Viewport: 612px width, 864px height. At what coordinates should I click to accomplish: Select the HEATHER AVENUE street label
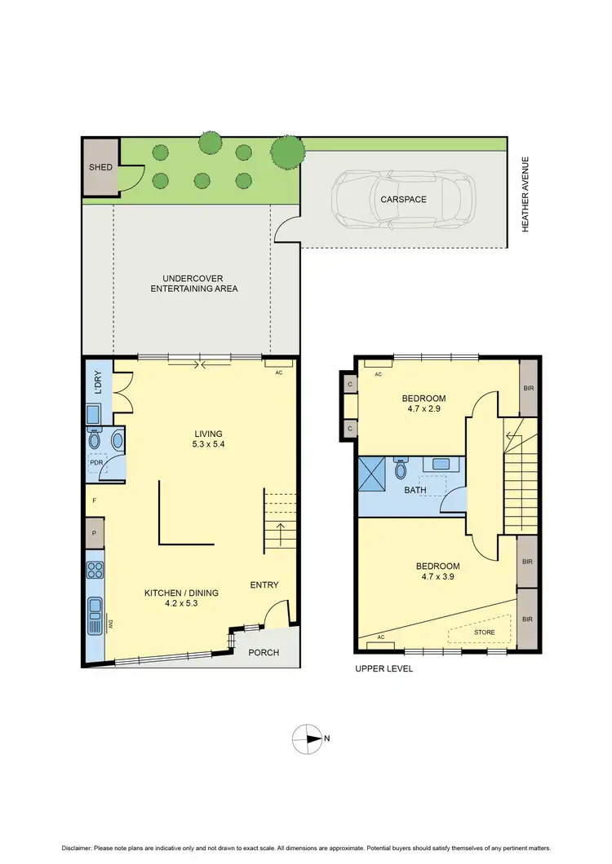pyautogui.click(x=526, y=195)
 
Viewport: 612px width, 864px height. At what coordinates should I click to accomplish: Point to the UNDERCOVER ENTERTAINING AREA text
pyautogui.click(x=193, y=283)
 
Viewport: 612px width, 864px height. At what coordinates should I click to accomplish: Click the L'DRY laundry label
pyautogui.click(x=98, y=383)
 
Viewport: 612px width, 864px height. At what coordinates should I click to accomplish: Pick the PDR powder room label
pyautogui.click(x=96, y=463)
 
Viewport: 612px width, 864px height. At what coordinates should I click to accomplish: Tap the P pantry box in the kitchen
pyautogui.click(x=95, y=534)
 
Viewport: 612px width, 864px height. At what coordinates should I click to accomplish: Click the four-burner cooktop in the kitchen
pyautogui.click(x=95, y=569)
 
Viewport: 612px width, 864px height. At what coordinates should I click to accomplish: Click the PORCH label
pyautogui.click(x=264, y=652)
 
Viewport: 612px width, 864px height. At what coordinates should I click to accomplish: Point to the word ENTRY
pyautogui.click(x=264, y=584)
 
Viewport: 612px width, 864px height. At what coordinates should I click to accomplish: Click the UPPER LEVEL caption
pyautogui.click(x=384, y=668)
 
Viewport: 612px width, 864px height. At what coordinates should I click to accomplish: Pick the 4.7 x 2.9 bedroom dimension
pyautogui.click(x=424, y=411)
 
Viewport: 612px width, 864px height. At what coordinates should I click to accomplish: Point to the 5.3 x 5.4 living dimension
pyautogui.click(x=208, y=445)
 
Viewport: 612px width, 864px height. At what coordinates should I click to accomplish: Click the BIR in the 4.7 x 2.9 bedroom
pyautogui.click(x=528, y=388)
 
